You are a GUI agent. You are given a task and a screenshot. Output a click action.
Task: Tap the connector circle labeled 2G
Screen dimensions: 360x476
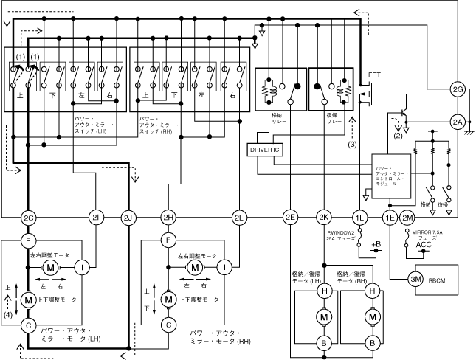(x=458, y=90)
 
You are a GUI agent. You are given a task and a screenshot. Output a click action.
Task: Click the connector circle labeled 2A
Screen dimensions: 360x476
(x=458, y=122)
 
